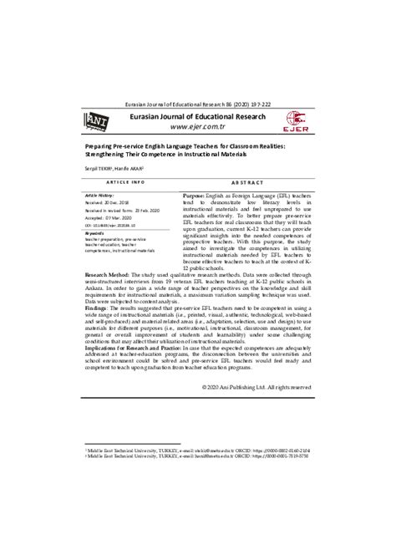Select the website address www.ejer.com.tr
(198, 128)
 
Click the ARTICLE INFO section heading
(125, 181)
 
